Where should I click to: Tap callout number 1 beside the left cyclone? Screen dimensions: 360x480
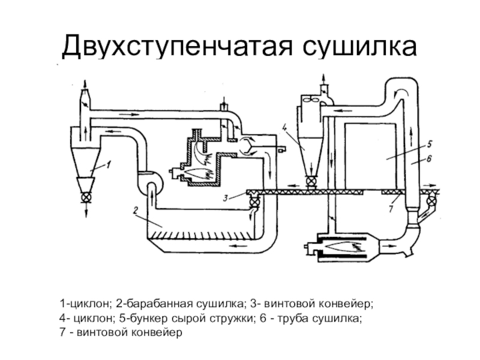click(110, 162)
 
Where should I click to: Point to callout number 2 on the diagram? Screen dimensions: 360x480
click(136, 210)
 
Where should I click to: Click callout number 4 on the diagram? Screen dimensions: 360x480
click(286, 126)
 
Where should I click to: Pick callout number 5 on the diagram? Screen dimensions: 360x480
click(430, 144)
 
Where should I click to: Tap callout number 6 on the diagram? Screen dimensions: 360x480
click(430, 159)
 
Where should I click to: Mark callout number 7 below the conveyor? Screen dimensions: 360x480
click(391, 209)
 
